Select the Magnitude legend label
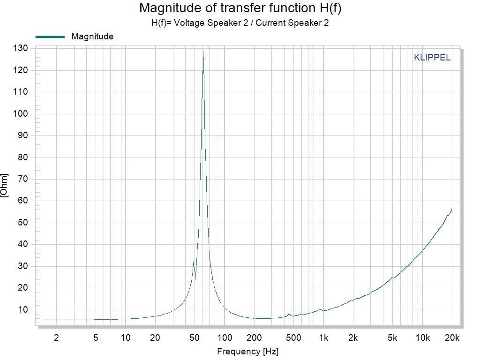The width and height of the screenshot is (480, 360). click(92, 37)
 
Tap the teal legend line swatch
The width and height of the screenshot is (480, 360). click(50, 37)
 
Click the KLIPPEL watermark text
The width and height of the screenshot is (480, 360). click(432, 58)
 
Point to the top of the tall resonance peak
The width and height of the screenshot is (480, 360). click(202, 51)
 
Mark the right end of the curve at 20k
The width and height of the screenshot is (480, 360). click(452, 209)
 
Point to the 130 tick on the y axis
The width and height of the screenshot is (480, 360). click(22, 48)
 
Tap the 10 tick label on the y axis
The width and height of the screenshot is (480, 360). click(23, 310)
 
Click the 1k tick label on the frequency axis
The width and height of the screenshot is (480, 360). click(323, 337)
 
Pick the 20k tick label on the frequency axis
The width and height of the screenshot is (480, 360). click(452, 337)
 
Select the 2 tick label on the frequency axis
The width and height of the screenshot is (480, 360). click(56, 337)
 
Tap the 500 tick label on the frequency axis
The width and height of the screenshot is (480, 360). click(293, 337)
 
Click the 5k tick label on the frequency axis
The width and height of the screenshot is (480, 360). click(392, 337)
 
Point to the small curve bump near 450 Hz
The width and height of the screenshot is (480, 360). click(289, 314)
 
